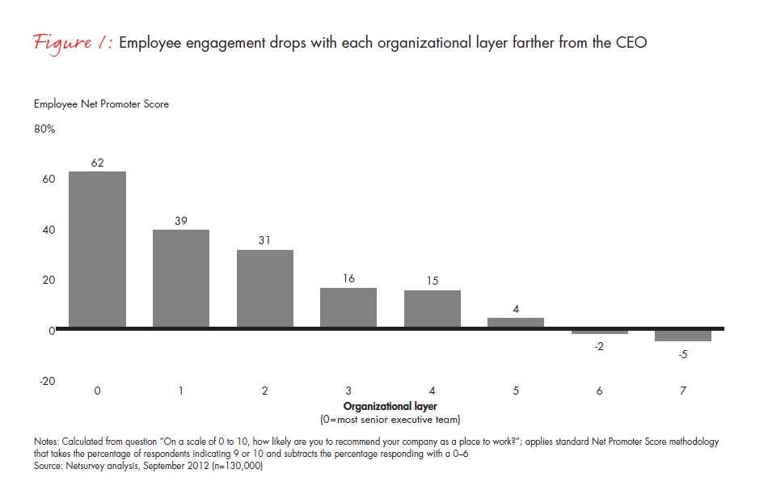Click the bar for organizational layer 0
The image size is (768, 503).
97,250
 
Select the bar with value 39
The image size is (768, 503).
181,279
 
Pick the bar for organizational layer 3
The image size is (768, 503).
348,308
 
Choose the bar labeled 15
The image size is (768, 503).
433,309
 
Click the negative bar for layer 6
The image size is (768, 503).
600,332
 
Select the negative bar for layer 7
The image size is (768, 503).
683,336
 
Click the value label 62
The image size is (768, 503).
97,163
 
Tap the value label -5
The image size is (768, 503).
683,353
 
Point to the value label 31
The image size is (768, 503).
265,241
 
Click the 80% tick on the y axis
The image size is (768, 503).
44,129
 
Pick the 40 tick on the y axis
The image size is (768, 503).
49,230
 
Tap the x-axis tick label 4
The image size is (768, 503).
433,391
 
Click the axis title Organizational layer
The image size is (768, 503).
390,406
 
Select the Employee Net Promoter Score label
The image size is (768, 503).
101,104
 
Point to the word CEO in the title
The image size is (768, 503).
631,43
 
